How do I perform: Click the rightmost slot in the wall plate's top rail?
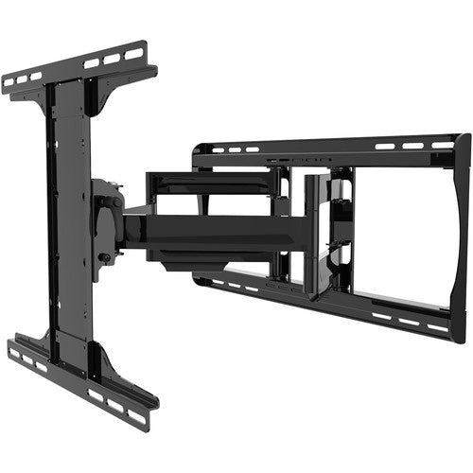click(442, 145)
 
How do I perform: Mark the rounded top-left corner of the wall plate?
click(197, 149)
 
